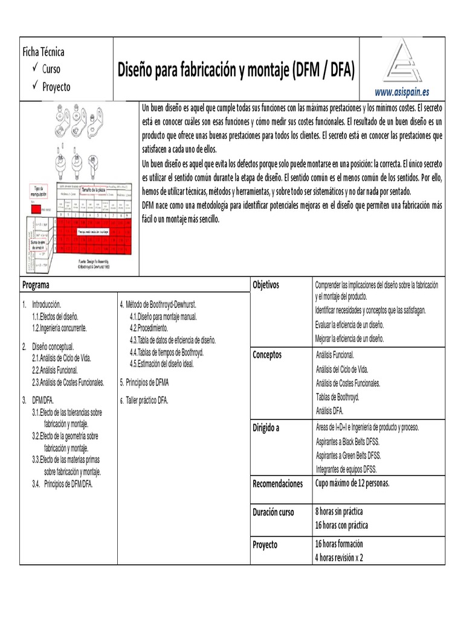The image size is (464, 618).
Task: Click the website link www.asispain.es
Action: click(402, 92)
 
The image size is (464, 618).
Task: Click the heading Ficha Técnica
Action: click(43, 53)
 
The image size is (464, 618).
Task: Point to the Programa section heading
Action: click(36, 285)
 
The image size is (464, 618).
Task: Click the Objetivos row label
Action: click(266, 285)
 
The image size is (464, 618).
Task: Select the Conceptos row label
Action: click(267, 355)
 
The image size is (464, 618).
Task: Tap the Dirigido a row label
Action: click(266, 428)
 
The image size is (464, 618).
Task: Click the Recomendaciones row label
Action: click(277, 483)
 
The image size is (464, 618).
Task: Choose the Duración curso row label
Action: click(273, 512)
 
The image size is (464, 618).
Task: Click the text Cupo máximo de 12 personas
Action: click(352, 483)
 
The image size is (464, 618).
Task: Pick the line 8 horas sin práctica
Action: click(342, 512)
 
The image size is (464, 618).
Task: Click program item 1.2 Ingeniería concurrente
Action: click(59, 328)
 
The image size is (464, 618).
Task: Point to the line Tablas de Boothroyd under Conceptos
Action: click(337, 397)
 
